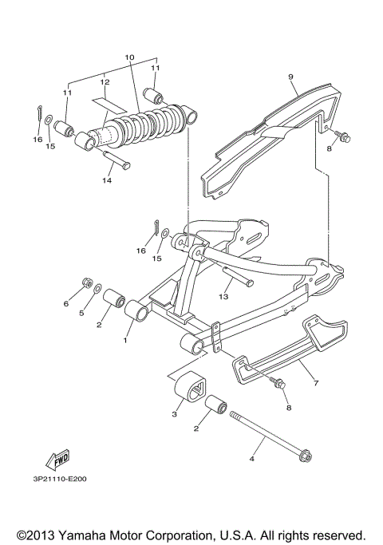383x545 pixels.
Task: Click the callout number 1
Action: (x=124, y=340)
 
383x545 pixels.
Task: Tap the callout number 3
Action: (x=175, y=413)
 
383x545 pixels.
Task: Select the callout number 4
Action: (x=252, y=460)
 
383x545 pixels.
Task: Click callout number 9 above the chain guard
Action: (x=291, y=77)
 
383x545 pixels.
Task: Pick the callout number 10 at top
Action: (x=130, y=58)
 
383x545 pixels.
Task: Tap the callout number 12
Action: (x=105, y=81)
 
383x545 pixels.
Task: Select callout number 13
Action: (x=224, y=296)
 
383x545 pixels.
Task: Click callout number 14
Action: (x=106, y=180)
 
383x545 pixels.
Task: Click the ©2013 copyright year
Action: (x=34, y=534)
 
